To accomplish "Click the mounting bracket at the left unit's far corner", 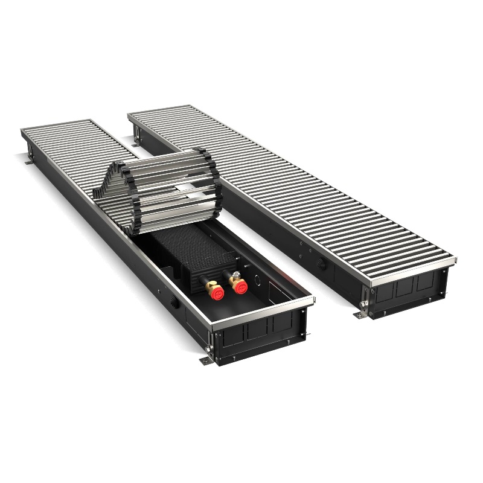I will (x=28, y=163).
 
